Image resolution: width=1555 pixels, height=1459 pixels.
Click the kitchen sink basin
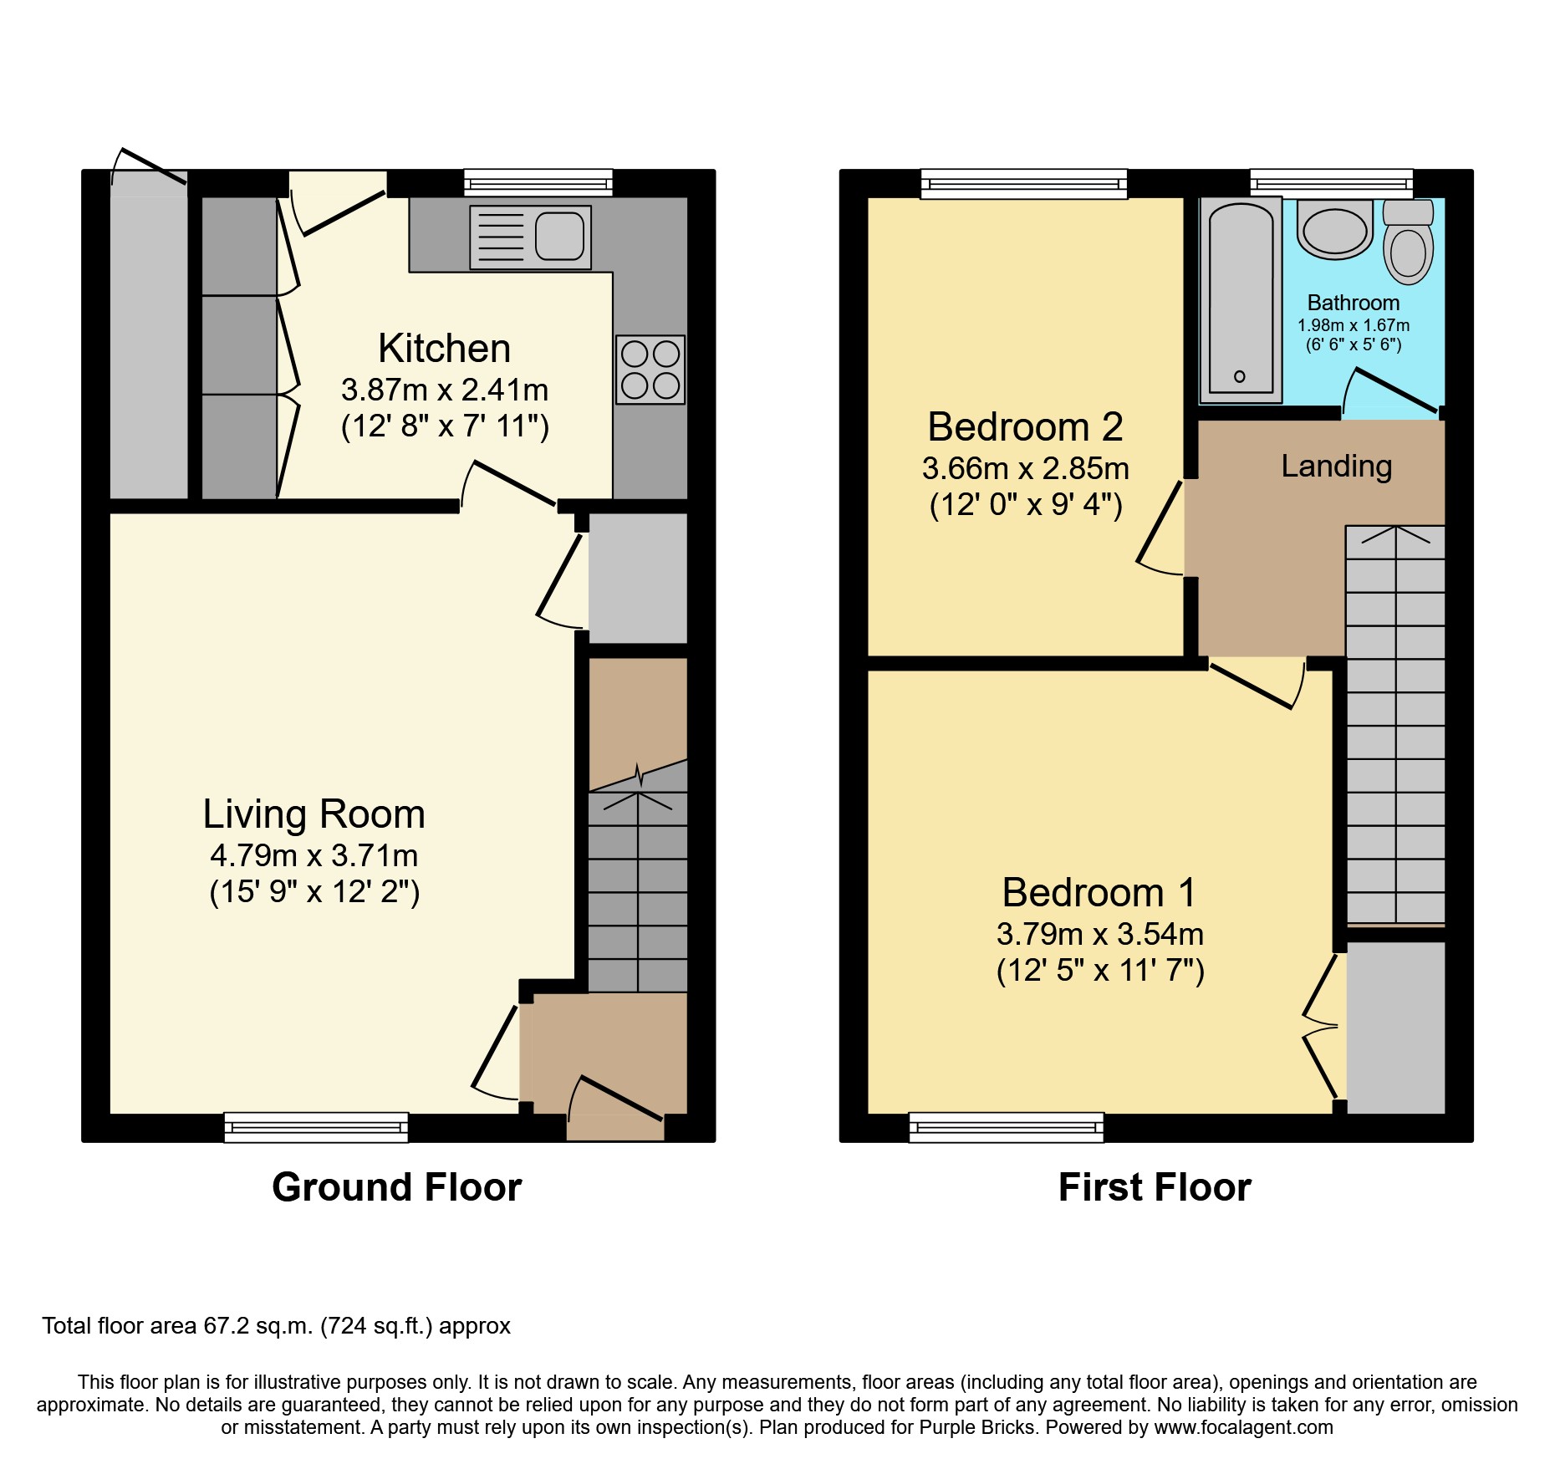(559, 237)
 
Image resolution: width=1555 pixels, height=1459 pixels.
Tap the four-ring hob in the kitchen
(650, 370)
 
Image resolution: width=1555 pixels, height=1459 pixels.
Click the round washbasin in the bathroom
(1335, 231)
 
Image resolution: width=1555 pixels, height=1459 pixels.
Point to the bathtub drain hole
(1240, 376)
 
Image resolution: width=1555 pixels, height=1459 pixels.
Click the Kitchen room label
(444, 348)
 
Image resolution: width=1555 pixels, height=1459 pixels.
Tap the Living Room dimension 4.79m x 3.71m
(314, 855)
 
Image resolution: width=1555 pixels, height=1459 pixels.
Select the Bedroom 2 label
(1025, 427)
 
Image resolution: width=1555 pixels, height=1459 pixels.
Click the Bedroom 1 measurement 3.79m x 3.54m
(1099, 934)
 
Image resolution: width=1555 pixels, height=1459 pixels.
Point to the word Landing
(1336, 466)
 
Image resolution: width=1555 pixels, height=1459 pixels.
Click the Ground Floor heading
(396, 1187)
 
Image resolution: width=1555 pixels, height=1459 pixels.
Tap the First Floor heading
(1155, 1187)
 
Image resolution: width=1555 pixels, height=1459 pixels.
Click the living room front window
(316, 1127)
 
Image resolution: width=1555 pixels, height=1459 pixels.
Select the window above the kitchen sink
(538, 183)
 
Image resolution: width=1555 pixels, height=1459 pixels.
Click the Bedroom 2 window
(1023, 183)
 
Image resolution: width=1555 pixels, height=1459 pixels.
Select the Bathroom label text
(1353, 303)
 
